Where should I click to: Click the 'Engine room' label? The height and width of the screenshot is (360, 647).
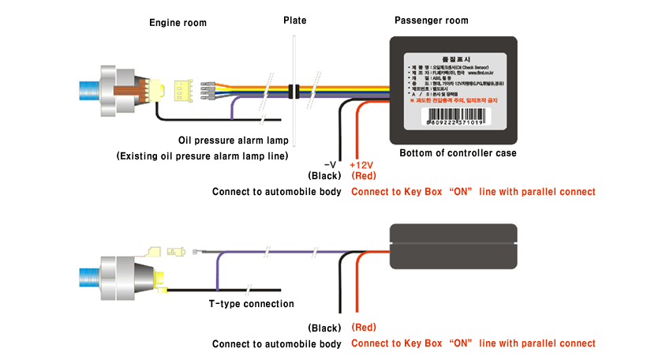pos(178,23)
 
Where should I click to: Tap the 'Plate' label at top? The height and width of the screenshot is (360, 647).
pos(295,20)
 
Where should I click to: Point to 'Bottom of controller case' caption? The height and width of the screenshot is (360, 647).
pos(458,153)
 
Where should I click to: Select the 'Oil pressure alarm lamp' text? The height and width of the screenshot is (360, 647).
pos(233,141)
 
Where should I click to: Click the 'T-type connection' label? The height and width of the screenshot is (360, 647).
pos(251,304)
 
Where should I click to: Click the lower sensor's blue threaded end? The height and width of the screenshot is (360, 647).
pos(90,277)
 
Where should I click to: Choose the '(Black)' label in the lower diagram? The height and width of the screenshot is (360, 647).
pos(324,328)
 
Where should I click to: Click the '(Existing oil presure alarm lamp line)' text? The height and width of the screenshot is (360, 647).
pos(202,156)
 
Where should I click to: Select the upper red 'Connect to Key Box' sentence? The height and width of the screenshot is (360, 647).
pos(473,192)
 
